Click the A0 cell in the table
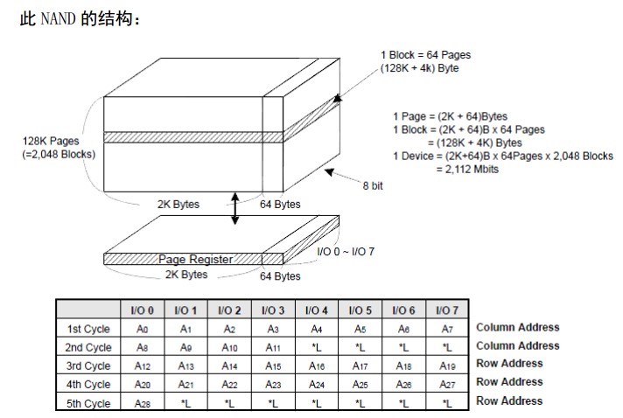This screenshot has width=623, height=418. [143, 329]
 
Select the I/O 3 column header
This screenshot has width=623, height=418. [273, 310]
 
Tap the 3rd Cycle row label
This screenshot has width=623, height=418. [89, 366]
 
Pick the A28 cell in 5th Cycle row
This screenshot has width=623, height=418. [143, 403]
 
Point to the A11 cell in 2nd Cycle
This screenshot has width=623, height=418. [273, 347]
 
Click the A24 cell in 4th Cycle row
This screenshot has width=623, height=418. [316, 385]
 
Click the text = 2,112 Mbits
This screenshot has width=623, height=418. [466, 169]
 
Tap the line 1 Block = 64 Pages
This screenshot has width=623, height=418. [424, 55]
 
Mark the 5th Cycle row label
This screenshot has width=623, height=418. [89, 403]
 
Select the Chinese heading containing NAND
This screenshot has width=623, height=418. [78, 18]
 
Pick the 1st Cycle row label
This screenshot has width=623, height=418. [89, 329]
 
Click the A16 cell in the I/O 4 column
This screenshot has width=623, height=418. [316, 366]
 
